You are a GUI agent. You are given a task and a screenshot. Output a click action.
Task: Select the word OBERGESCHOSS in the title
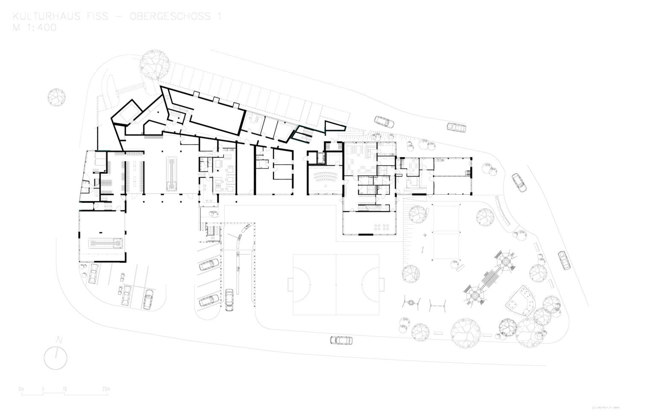(x=171, y=17)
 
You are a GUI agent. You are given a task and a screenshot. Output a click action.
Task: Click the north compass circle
(x=56, y=358)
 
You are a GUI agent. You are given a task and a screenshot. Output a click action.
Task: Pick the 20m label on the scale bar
(x=106, y=389)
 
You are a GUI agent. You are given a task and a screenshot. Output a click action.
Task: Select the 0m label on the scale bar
(x=21, y=389)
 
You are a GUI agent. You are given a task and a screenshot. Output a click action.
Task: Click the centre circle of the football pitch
(x=336, y=285)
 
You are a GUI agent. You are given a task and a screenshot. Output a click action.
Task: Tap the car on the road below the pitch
(x=341, y=340)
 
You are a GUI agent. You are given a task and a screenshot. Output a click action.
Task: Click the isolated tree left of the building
(x=57, y=97)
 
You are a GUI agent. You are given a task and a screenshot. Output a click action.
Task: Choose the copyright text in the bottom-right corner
(x=606, y=406)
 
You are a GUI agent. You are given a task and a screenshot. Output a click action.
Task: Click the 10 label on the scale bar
(x=64, y=389)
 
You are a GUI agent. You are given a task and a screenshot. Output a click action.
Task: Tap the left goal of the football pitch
(x=290, y=285)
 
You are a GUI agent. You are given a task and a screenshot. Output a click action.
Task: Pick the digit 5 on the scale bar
(x=43, y=389)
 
